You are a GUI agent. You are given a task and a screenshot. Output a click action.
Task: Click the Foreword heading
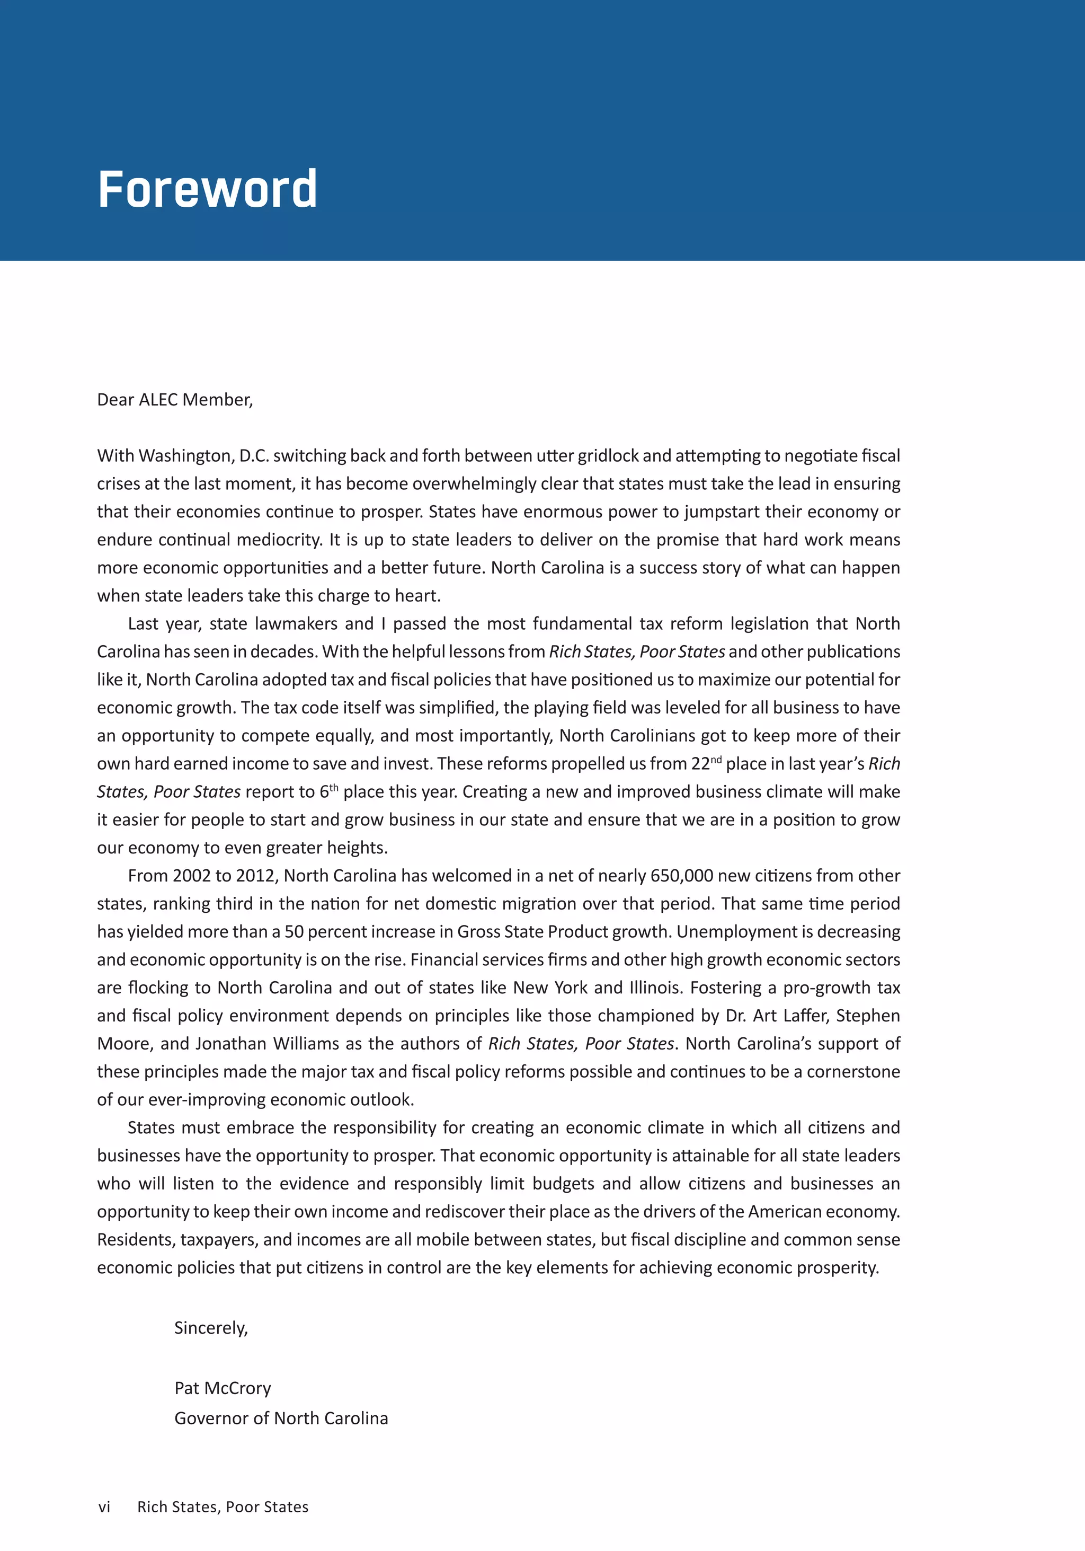coord(207,189)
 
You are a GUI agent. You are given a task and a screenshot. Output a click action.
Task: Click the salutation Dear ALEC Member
coord(175,400)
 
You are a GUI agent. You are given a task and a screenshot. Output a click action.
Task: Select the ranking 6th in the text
coord(328,792)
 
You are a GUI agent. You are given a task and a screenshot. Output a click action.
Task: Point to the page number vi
coord(104,1507)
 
